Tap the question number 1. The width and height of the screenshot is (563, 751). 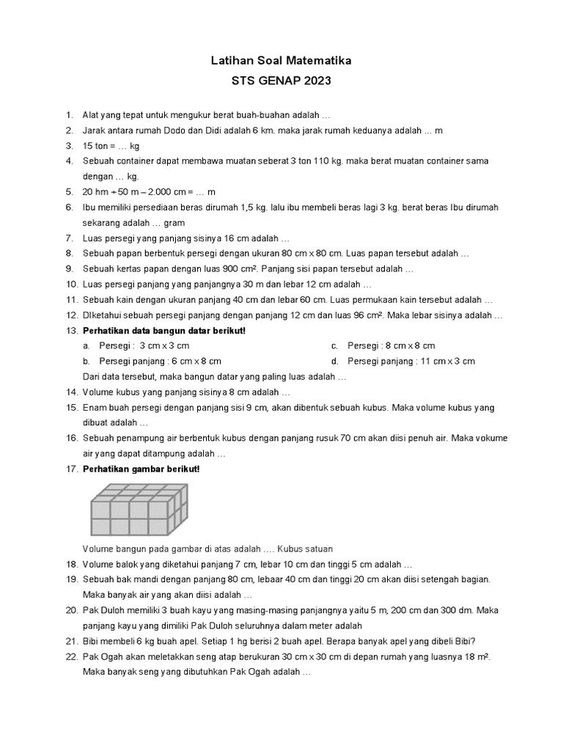click(69, 115)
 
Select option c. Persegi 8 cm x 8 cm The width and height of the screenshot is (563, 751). click(391, 345)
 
